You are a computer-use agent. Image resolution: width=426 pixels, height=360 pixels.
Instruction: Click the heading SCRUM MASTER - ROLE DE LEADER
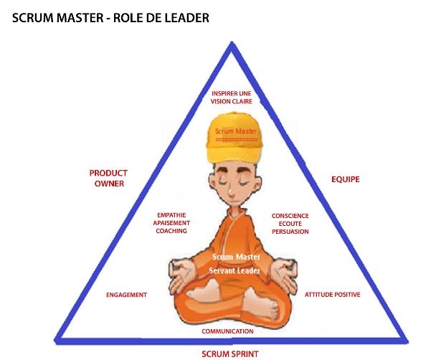tap(110, 18)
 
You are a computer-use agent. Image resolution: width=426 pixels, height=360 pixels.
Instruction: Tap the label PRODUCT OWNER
tap(109, 179)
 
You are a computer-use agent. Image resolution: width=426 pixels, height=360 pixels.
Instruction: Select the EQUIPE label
tap(346, 179)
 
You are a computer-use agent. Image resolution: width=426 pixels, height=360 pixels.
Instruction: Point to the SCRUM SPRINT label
tap(230, 354)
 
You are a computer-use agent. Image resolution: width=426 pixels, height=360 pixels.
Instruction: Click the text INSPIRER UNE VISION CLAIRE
tap(232, 98)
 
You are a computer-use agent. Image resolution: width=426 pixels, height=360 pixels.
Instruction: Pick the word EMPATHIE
tap(171, 215)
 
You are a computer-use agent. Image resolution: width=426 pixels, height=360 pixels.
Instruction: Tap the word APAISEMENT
tap(171, 223)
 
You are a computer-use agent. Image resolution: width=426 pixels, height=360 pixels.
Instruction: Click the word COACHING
tap(171, 231)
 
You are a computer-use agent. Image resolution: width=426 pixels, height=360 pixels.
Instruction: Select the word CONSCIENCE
tap(290, 216)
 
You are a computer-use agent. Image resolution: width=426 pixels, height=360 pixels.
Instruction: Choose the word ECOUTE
tap(290, 224)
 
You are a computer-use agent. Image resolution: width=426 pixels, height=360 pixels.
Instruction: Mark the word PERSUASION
tap(290, 232)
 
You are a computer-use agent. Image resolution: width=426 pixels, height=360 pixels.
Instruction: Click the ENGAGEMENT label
tap(127, 295)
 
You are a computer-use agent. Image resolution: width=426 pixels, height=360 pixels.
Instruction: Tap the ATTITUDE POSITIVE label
tap(333, 295)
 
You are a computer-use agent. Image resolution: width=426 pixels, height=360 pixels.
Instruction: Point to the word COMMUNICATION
tap(227, 331)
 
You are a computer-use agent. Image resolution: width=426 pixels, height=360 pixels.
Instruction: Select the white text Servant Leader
tap(235, 270)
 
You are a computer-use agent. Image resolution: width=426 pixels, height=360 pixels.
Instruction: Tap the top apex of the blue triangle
tap(232, 42)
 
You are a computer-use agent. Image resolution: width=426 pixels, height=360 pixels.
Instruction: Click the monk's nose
tap(231, 191)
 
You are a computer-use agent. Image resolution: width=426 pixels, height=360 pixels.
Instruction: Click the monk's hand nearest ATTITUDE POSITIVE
tap(284, 275)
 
